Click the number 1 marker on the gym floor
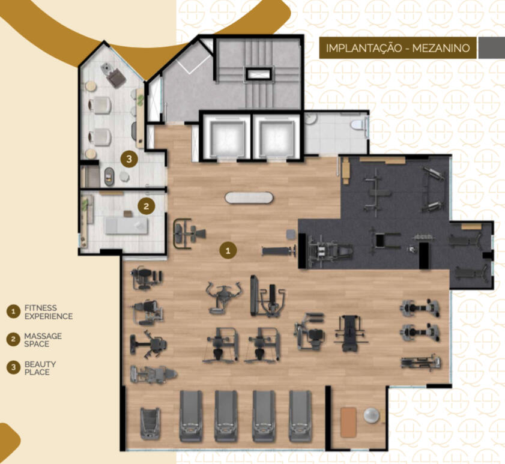[x=228, y=250]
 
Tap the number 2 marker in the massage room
[x=147, y=206]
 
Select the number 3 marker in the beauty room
[x=129, y=158]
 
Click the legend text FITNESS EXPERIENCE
[x=49, y=312]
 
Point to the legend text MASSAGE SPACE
[x=43, y=340]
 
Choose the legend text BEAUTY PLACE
[x=40, y=368]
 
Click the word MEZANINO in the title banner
[x=441, y=48]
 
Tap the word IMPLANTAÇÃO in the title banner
[x=364, y=48]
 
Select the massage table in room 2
[x=127, y=226]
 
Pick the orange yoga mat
[x=348, y=422]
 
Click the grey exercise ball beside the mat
[x=371, y=415]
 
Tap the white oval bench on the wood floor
[x=249, y=197]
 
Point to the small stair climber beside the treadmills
[x=150, y=423]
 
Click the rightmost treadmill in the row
[x=300, y=416]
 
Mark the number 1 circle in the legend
[x=13, y=312]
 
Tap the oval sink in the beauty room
[x=109, y=177]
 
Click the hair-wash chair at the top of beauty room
[x=113, y=75]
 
